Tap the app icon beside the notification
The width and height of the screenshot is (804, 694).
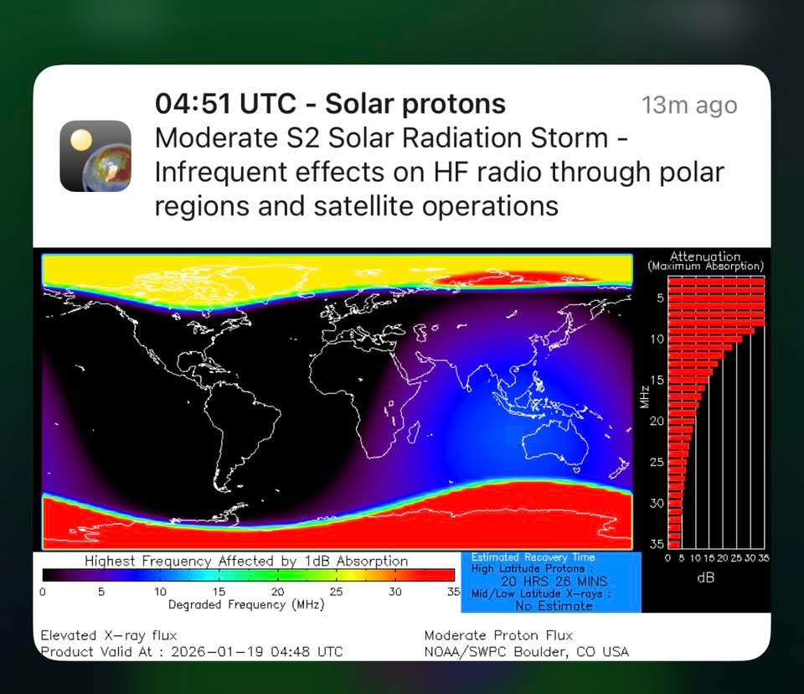tap(95, 156)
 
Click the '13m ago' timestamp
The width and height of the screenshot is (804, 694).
tap(689, 106)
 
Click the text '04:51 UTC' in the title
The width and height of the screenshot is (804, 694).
tap(225, 103)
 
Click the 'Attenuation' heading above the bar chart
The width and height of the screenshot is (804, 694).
tap(705, 256)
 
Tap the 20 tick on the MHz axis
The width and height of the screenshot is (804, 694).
tap(657, 421)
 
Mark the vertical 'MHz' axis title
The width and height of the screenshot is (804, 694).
tap(645, 396)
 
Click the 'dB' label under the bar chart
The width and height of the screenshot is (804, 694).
tap(705, 578)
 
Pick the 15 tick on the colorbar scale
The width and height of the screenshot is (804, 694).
tap(219, 592)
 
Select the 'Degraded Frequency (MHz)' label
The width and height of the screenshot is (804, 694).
tap(246, 604)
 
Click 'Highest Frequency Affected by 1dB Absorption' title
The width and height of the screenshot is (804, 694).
tap(246, 561)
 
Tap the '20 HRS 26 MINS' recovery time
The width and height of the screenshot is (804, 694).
tap(554, 581)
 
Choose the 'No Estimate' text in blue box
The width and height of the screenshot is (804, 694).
tap(554, 606)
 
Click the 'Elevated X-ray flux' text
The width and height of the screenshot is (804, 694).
tap(109, 635)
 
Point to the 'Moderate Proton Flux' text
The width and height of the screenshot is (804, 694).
tap(498, 635)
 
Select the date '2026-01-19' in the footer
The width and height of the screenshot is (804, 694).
tap(217, 652)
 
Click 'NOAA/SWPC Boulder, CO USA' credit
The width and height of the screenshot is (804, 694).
tap(526, 652)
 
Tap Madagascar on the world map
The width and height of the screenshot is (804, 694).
tap(413, 432)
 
